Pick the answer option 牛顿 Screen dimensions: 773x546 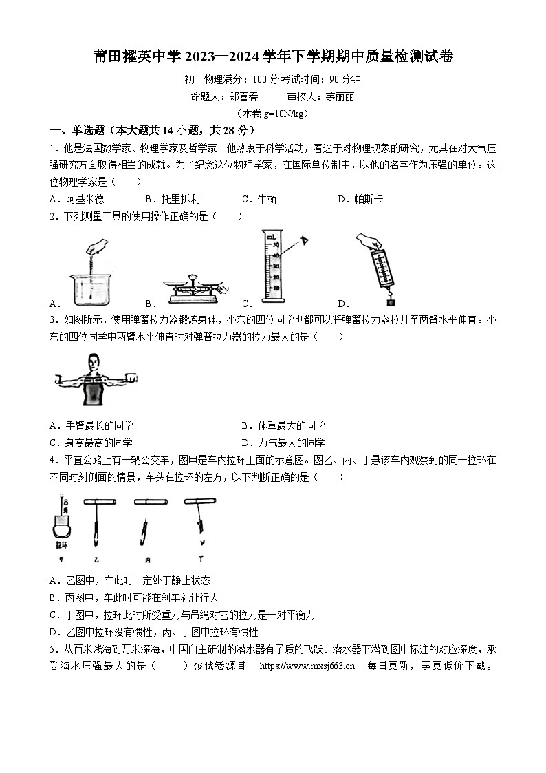tap(265, 199)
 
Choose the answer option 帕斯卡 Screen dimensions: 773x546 tap(368, 199)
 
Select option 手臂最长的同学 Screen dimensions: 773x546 tap(99, 425)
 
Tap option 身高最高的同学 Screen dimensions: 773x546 tap(99, 443)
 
